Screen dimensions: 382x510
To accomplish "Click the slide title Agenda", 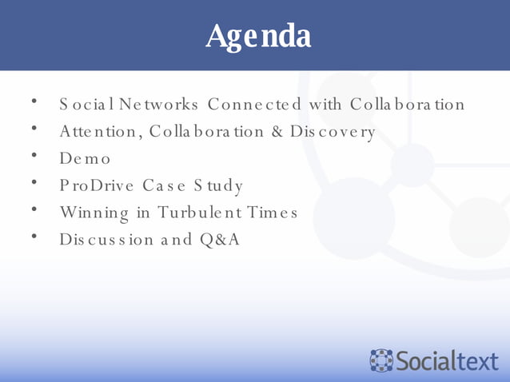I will click(257, 36).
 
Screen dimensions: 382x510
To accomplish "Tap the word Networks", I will click(160, 105).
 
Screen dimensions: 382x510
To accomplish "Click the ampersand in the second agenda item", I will click(277, 132).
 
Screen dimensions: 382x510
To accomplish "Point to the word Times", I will click(271, 213).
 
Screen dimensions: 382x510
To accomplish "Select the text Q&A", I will click(217, 240).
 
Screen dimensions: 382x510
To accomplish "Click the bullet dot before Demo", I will click(34, 155).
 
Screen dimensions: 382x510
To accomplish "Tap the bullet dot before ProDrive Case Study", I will click(34, 182).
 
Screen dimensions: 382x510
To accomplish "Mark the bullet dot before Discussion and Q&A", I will click(34, 236).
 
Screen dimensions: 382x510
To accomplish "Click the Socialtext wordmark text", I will click(447, 360).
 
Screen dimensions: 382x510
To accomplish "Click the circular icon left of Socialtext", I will click(382, 360).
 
